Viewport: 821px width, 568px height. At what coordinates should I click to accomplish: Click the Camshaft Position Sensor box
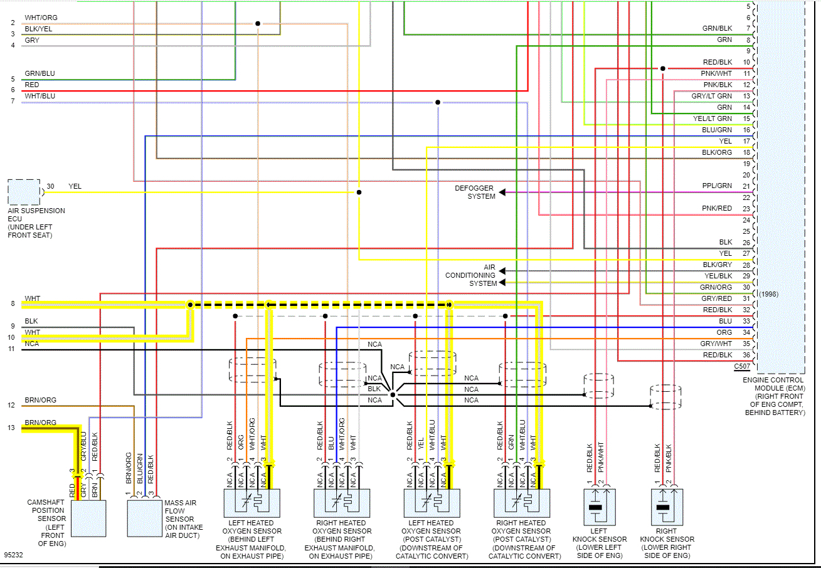pos(88,518)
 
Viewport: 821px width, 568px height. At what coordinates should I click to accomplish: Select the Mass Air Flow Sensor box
pos(144,518)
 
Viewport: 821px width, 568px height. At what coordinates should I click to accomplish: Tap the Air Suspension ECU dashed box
pos(24,192)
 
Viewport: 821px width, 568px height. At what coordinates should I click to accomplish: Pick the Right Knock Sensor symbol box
pos(666,507)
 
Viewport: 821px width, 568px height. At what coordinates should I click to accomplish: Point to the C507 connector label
pos(741,366)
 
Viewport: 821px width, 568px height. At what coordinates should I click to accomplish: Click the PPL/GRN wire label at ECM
pos(717,186)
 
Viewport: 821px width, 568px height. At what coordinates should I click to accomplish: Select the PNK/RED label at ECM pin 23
pos(717,209)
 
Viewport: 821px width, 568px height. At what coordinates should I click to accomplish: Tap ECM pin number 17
pos(746,141)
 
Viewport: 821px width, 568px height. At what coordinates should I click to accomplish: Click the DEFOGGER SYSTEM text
pos(475,192)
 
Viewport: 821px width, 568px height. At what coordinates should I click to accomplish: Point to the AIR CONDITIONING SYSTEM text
pos(470,275)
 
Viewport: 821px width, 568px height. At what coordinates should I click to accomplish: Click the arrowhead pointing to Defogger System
pos(502,192)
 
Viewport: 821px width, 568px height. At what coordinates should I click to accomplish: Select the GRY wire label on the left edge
pos(31,41)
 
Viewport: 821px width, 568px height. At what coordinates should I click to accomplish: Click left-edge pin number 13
pos(12,428)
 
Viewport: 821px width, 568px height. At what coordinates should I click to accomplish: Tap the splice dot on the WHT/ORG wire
pos(258,24)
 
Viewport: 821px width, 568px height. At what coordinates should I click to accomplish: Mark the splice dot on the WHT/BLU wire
pos(438,102)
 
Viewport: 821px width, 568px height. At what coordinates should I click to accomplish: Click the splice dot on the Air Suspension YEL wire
pos(359,192)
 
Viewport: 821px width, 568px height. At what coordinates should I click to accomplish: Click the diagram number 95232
pos(14,555)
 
